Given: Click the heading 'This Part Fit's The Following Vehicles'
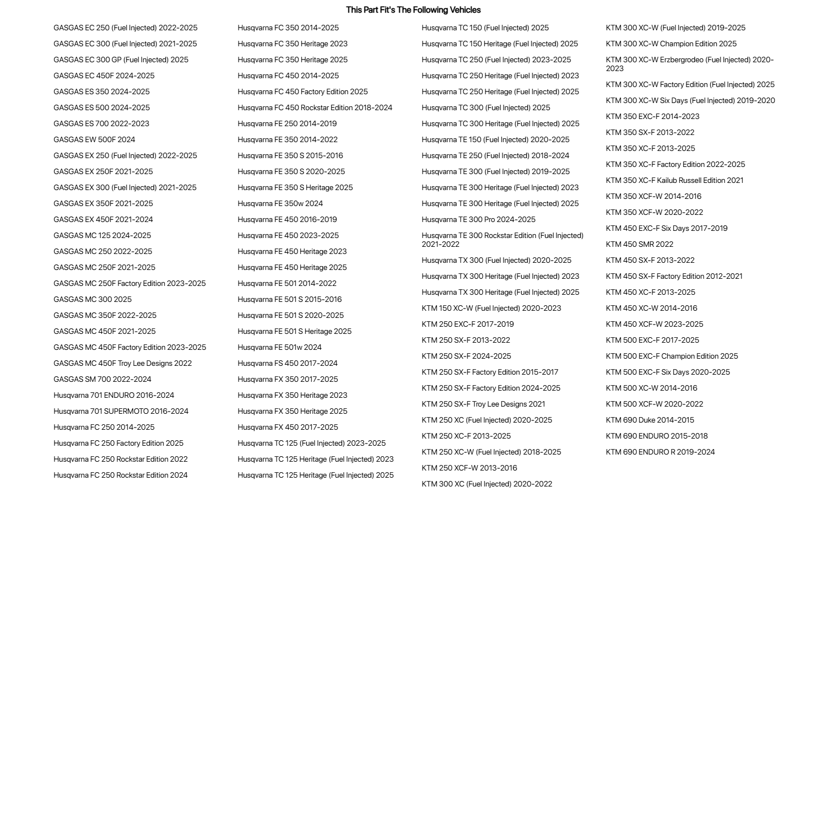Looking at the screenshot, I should (413, 10).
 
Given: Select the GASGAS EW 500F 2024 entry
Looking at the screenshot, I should (94, 140).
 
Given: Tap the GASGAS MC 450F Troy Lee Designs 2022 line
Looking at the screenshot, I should (122, 364).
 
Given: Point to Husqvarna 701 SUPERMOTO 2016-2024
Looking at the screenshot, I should (121, 412).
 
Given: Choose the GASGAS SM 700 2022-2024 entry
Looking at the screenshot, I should (102, 380).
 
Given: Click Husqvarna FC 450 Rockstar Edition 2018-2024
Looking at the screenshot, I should (315, 108).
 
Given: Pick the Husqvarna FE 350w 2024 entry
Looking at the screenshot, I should (280, 204).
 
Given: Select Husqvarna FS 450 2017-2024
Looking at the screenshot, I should (287, 364).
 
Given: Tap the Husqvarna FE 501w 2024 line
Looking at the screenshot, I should (279, 348).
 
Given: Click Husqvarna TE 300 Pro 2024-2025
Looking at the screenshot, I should (478, 220).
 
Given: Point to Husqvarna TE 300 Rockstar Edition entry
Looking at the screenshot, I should (502, 240).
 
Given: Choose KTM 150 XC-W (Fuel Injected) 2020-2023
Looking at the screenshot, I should (491, 309).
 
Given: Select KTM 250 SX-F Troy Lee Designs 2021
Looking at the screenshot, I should (483, 404).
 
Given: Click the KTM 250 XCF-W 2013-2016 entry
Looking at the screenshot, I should (469, 468).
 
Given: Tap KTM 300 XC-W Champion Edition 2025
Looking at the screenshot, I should (671, 44).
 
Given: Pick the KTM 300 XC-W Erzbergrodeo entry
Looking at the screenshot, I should (689, 64).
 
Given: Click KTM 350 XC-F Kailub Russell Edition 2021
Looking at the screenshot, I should (674, 181).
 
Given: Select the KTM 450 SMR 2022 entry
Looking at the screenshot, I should (639, 245).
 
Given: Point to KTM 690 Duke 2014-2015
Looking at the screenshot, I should (650, 420).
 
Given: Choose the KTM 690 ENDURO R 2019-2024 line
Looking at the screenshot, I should (660, 452).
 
